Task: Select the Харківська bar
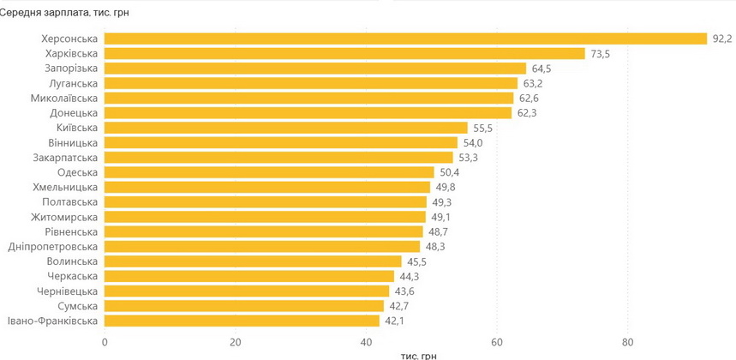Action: point(344,53)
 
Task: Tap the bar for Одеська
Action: point(269,172)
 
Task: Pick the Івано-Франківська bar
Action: point(242,321)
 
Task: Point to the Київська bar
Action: point(286,128)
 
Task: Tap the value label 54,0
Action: point(473,142)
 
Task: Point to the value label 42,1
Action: point(395,321)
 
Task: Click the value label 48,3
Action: point(435,247)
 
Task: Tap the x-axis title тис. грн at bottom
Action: point(418,355)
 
